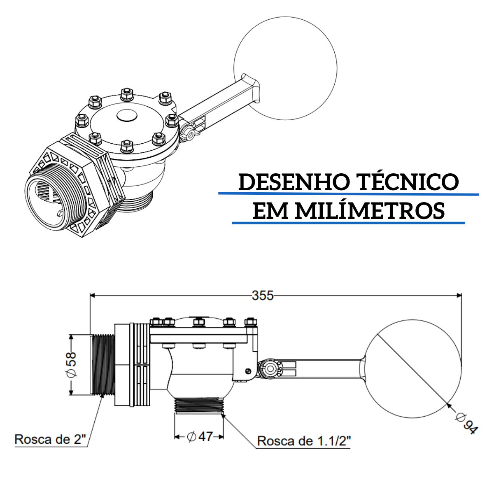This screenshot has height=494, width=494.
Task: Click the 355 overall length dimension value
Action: [263, 296]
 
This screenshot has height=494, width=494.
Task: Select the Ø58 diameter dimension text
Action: [71, 365]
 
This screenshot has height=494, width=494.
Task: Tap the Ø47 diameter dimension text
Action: [200, 436]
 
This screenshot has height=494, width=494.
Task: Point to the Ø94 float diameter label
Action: [466, 424]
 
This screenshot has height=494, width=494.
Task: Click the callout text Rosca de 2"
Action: [51, 439]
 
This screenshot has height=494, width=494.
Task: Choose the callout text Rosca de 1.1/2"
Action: [304, 441]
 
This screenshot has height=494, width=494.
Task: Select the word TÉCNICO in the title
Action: [409, 182]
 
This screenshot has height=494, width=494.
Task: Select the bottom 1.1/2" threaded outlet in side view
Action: [199, 405]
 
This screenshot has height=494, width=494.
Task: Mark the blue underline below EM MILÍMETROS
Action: [348, 223]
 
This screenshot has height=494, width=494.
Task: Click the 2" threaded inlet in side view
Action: [102, 364]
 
